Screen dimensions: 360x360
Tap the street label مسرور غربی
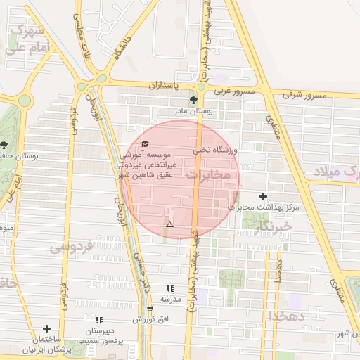[232, 91]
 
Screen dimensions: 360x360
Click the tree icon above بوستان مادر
[193, 101]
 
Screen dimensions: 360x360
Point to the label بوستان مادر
[194, 111]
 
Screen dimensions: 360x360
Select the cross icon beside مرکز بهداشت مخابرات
[264, 196]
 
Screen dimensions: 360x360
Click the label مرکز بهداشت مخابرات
[264, 207]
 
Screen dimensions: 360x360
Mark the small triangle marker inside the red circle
[169, 224]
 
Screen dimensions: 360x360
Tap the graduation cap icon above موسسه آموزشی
[145, 144]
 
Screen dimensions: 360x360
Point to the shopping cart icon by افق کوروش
[150, 309]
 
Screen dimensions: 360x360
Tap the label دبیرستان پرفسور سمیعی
[100, 335]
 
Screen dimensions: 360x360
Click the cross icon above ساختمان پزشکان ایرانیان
[46, 328]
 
